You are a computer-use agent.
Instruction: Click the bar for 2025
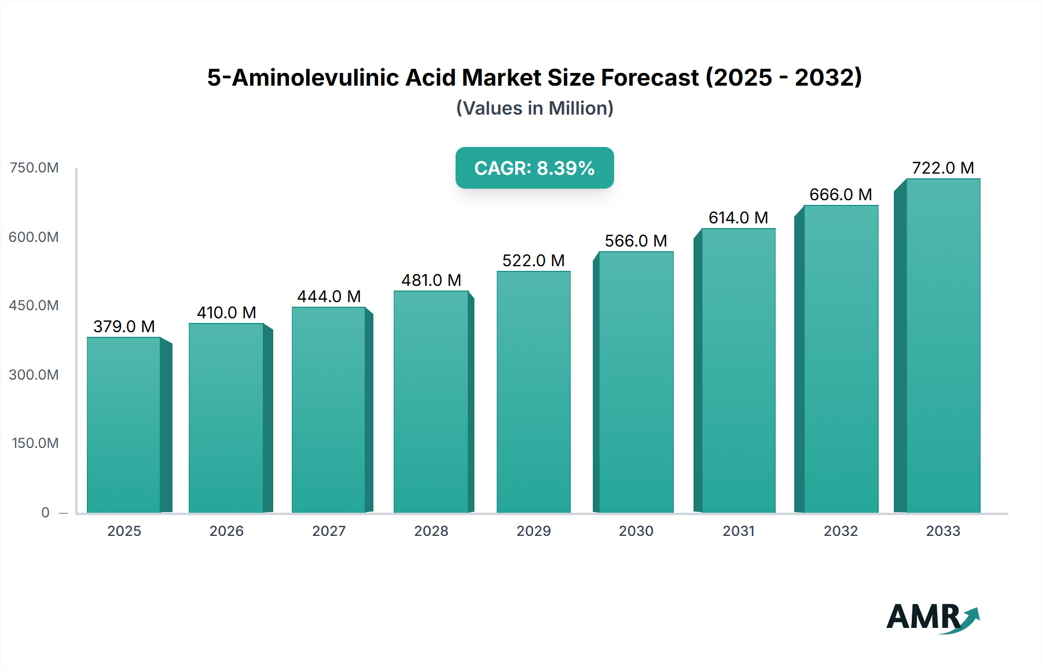click(x=124, y=425)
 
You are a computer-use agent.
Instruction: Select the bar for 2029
click(x=534, y=392)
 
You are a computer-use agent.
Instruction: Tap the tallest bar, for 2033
click(x=943, y=345)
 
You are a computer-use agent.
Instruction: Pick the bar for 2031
click(x=738, y=370)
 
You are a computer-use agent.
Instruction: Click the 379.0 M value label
click(x=124, y=326)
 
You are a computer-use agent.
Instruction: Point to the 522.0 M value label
click(x=533, y=260)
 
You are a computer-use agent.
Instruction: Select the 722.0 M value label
click(x=943, y=168)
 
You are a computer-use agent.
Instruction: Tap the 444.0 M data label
click(x=329, y=296)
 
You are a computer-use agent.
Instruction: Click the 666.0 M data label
click(x=841, y=194)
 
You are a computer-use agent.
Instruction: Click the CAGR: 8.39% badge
click(x=534, y=168)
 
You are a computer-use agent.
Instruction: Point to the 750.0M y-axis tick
click(x=34, y=168)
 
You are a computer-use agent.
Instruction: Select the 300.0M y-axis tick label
click(x=34, y=374)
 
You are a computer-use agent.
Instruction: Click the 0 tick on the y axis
click(x=45, y=512)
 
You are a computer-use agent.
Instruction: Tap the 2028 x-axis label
click(x=431, y=531)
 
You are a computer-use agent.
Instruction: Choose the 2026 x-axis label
click(x=226, y=531)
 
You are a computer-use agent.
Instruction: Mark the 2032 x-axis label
click(x=841, y=531)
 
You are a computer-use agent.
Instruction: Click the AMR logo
click(x=932, y=617)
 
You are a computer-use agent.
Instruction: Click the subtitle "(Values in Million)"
click(x=534, y=108)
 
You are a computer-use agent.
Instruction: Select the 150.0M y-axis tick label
click(x=35, y=443)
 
